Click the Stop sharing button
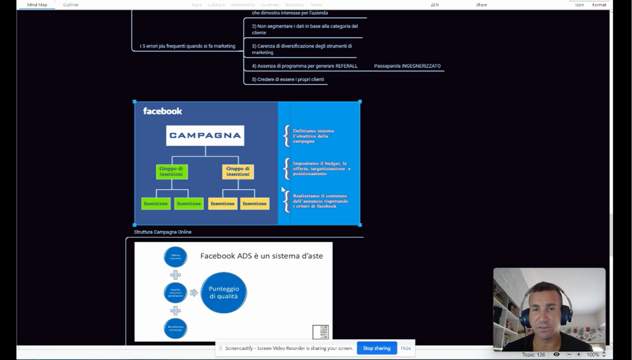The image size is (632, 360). click(x=377, y=348)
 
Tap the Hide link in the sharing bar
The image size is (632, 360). click(x=405, y=348)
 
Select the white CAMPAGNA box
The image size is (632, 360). click(x=205, y=135)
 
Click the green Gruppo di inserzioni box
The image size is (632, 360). click(x=172, y=172)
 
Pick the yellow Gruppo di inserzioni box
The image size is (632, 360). click(x=238, y=172)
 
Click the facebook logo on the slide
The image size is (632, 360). click(x=162, y=111)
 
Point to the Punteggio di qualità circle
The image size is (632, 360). click(x=224, y=292)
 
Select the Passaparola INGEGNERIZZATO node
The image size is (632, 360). click(x=407, y=66)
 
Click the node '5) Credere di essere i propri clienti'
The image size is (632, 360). click(x=288, y=79)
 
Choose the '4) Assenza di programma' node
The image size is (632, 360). click(x=304, y=66)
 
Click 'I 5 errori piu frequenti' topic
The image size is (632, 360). click(x=187, y=46)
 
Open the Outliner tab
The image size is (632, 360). click(x=70, y=5)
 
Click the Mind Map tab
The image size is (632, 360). click(x=37, y=5)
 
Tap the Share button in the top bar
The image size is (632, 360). click(x=481, y=5)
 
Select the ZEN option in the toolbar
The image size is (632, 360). click(x=435, y=5)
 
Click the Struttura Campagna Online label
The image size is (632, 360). click(x=163, y=232)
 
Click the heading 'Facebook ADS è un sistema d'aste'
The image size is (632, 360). click(x=262, y=256)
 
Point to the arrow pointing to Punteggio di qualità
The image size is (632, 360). click(x=194, y=293)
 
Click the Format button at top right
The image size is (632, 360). click(x=599, y=5)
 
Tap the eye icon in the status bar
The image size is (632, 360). click(x=556, y=354)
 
